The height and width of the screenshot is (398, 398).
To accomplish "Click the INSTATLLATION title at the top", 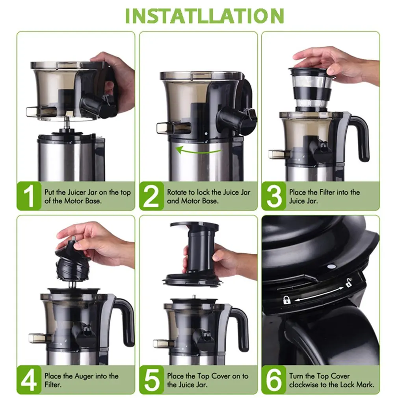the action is (205, 16).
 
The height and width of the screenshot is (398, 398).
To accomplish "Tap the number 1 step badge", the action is (29, 196).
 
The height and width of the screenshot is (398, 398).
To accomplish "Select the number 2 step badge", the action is (152, 196).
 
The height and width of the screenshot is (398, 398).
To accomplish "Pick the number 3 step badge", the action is (274, 196).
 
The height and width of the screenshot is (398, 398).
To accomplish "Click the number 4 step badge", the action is (29, 380).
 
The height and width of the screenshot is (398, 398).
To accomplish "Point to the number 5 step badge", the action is (152, 380).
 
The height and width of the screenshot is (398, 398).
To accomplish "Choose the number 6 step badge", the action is (274, 380).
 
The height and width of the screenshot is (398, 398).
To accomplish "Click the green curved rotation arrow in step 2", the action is (198, 152).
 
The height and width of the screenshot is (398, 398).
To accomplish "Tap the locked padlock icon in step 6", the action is (287, 300).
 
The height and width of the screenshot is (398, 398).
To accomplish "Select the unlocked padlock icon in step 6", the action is (349, 282).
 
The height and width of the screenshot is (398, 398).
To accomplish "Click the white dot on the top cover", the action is (331, 266).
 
